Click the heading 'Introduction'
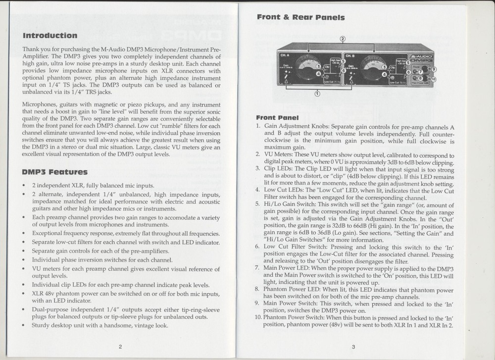(x=50, y=36)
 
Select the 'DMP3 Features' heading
(x=55, y=172)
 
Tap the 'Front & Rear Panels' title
(x=300, y=17)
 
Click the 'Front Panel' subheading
(x=277, y=118)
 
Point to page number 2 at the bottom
(x=120, y=346)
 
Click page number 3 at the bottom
(x=353, y=346)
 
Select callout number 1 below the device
(x=317, y=93)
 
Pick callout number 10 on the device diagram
(x=434, y=79)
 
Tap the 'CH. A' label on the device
(x=286, y=55)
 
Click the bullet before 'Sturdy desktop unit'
(x=24, y=326)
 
